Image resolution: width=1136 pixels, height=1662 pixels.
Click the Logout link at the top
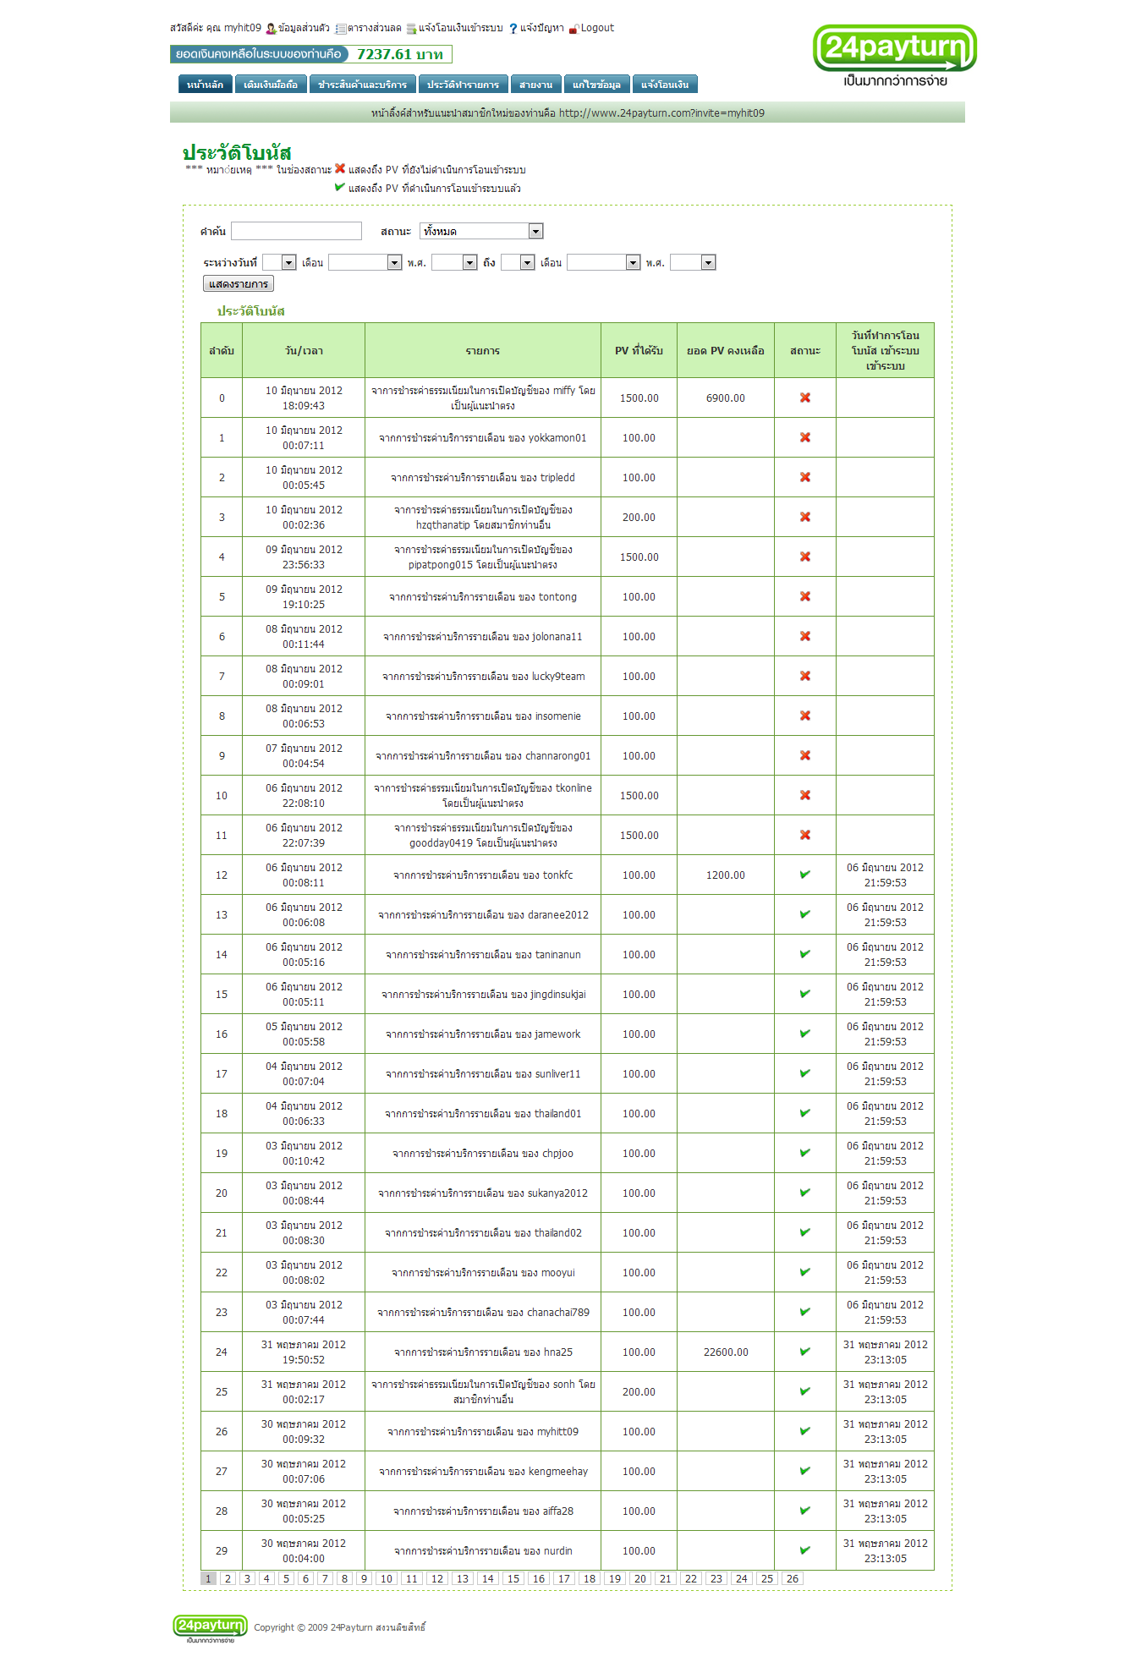596,28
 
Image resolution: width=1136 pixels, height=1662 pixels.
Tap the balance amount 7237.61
399,55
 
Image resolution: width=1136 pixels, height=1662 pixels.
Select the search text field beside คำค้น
296,231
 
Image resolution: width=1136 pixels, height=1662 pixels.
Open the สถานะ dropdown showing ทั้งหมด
480,231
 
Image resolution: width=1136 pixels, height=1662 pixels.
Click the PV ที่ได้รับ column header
639,350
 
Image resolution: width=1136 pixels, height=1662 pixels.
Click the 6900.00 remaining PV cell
725,398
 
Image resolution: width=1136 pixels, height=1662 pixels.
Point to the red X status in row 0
805,398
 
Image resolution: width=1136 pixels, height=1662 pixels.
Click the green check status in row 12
805,875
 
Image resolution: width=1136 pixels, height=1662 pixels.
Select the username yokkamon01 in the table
557,438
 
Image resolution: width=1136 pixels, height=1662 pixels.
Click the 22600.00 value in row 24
726,1352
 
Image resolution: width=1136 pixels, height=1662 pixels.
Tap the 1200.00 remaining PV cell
725,875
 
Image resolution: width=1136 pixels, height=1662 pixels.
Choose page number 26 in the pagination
792,1578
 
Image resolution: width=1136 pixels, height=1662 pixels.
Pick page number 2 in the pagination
228,1578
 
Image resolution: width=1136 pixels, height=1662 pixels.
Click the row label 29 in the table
222,1551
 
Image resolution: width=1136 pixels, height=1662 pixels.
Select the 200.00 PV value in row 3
639,518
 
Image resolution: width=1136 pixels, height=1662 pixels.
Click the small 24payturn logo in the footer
210,1626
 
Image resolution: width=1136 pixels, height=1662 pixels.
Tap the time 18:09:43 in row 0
304,406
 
